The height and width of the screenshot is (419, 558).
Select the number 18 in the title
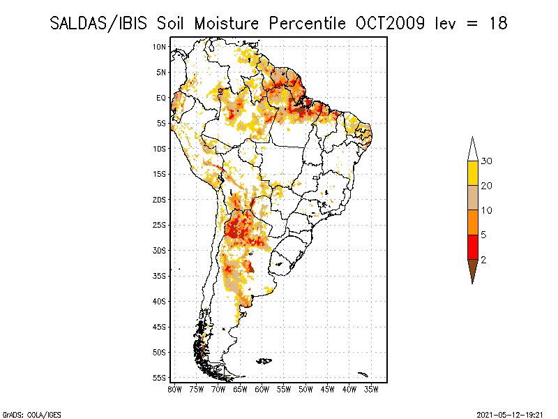(x=497, y=23)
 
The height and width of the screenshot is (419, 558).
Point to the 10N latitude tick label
(x=160, y=47)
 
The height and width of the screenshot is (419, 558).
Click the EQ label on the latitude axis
(x=161, y=98)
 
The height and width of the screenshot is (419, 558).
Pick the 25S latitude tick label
(x=160, y=225)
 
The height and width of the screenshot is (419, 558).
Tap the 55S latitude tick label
(x=160, y=378)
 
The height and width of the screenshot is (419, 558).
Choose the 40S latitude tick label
(x=160, y=301)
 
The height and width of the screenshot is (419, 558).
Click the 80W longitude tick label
(x=175, y=389)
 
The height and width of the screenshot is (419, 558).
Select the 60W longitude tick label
(x=262, y=389)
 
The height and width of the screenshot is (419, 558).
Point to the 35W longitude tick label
(x=371, y=389)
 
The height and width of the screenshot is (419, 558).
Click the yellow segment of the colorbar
(x=473, y=173)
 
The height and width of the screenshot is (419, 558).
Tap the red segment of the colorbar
(x=473, y=247)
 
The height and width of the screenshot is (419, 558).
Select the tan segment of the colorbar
(x=473, y=198)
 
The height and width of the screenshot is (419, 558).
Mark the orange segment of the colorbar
(x=473, y=222)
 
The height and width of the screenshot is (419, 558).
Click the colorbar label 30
(x=487, y=161)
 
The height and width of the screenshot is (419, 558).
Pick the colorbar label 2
(x=484, y=259)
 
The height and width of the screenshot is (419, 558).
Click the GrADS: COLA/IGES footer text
(x=26, y=413)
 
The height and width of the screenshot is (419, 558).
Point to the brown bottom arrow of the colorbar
(x=473, y=269)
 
